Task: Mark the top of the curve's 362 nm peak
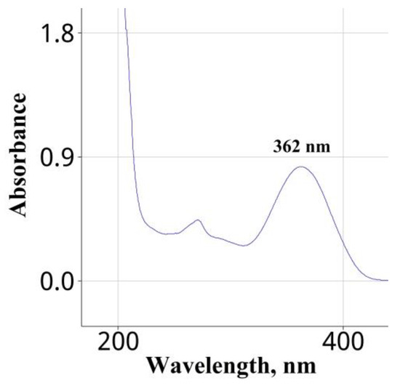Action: pyautogui.click(x=300, y=167)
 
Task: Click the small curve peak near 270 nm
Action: pyautogui.click(x=197, y=220)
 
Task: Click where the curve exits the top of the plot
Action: pyautogui.click(x=125, y=9)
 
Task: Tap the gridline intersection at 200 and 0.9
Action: pyautogui.click(x=118, y=157)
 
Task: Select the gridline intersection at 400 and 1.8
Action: pyautogui.click(x=343, y=33)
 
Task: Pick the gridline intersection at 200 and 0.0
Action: pyautogui.click(x=118, y=281)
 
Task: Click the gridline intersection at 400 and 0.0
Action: pyautogui.click(x=343, y=281)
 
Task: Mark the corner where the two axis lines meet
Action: pyautogui.click(x=81, y=325)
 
